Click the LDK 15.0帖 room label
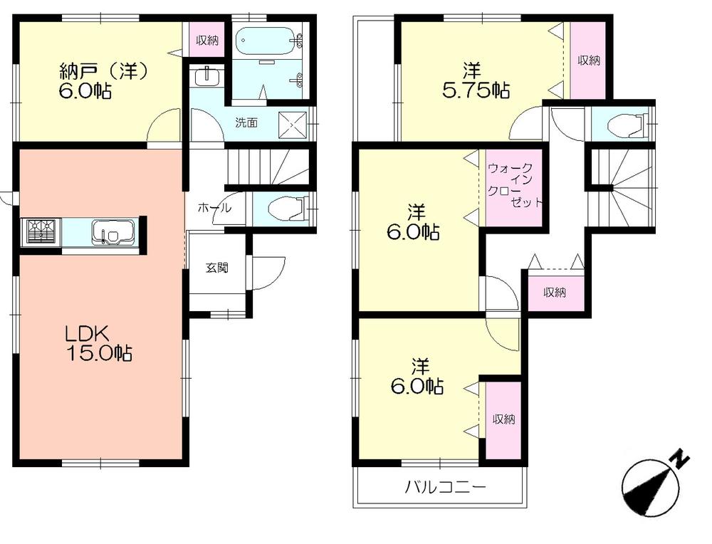tap(99, 342)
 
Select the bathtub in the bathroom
tap(263, 41)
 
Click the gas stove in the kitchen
tap(41, 231)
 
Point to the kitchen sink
tap(112, 232)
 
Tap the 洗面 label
tap(246, 122)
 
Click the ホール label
tap(214, 208)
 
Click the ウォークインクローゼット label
tap(515, 185)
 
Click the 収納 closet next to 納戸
tap(207, 41)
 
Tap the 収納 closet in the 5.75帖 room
tap(588, 61)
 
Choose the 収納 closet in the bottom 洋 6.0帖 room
tap(503, 419)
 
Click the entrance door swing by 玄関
tap(267, 273)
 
